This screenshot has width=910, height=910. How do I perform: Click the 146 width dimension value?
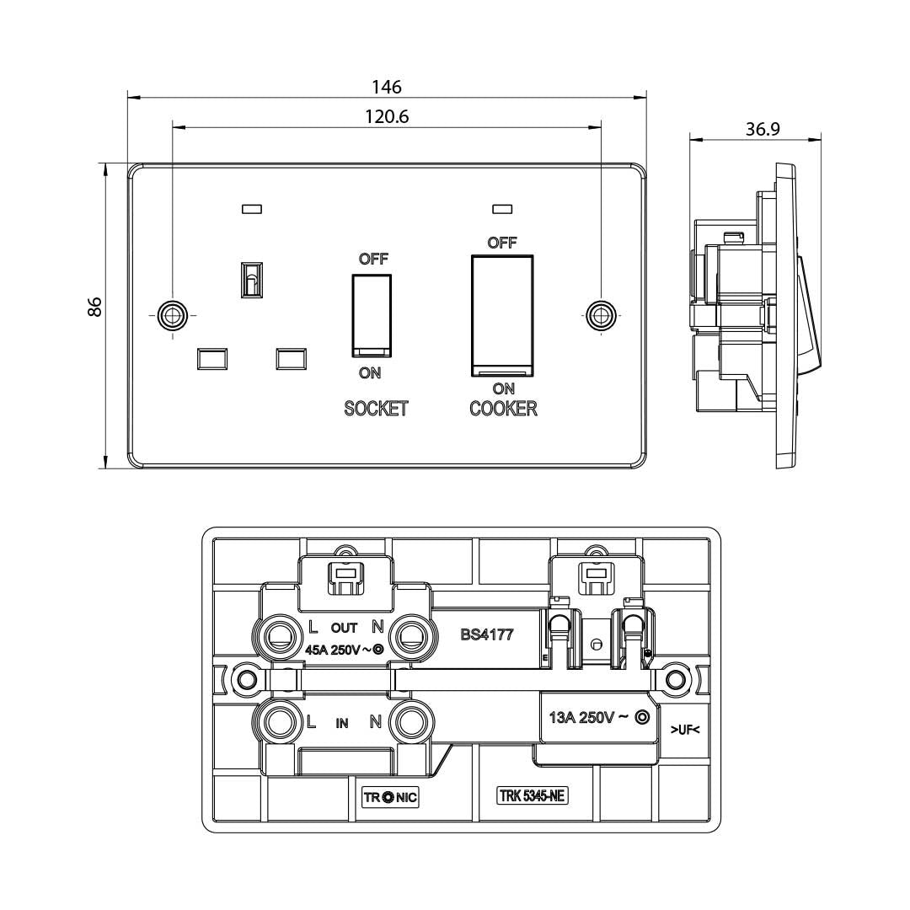387,87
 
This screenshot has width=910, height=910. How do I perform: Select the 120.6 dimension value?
387,117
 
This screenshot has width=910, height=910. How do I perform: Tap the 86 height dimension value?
95,306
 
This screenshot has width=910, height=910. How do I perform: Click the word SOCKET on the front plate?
376,409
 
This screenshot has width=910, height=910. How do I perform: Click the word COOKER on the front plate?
503,409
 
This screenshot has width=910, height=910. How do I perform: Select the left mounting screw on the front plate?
173,314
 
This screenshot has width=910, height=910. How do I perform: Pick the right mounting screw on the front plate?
600,314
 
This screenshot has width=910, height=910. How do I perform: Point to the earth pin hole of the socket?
251,278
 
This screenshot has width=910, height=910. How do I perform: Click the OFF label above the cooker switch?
502,243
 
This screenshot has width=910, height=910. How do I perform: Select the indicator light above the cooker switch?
502,207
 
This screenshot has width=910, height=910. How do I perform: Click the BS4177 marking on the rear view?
487,634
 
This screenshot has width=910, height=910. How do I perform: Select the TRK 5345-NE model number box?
532,796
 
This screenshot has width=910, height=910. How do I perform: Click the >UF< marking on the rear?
685,729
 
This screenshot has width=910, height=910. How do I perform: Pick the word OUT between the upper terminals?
344,628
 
